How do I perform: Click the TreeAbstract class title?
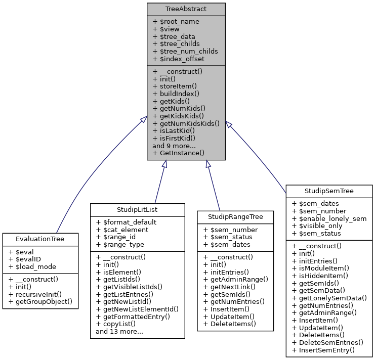186,10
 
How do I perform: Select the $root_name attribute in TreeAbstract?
176,22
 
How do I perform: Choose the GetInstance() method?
178,153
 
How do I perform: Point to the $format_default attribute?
126,222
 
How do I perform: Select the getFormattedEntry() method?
133,316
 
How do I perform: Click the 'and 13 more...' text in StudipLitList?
119,332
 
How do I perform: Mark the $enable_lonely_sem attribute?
329,218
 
